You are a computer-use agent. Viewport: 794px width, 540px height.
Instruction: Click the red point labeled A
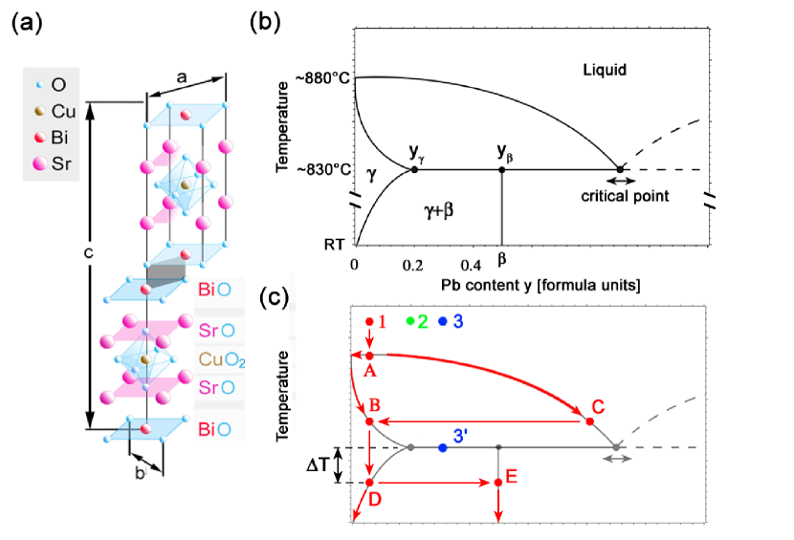[370, 355]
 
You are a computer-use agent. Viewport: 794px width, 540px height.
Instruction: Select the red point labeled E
[498, 483]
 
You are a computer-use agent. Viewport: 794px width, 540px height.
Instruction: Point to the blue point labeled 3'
[442, 447]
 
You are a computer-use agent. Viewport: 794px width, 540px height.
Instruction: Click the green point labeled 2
[409, 320]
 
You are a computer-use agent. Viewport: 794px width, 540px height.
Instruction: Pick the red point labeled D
[370, 483]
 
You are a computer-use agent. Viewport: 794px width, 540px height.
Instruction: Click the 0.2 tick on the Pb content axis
[412, 264]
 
